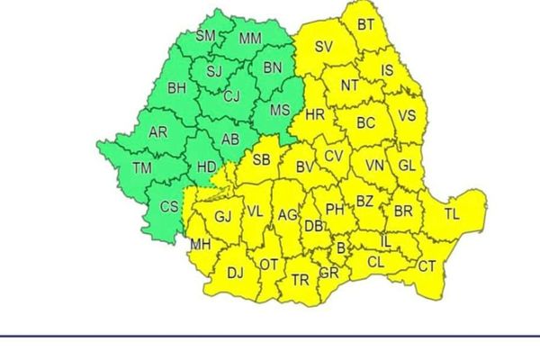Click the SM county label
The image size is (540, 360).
coord(206,36)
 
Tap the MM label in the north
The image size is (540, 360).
coord(250,39)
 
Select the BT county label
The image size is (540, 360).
coord(365,24)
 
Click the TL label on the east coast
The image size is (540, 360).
coord(451,214)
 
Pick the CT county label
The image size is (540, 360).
coord(427,266)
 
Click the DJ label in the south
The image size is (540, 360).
coord(235,272)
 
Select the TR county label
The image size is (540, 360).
coord(300,280)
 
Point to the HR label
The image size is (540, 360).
coord(315,114)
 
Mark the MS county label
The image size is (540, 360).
coord(280,110)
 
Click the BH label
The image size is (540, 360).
coord(176,87)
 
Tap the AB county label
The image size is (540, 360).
coord(229,139)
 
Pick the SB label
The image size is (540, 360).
coord(261,160)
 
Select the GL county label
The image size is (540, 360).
coord(407,166)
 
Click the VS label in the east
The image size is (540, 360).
coord(408,115)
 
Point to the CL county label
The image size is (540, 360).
coord(377,262)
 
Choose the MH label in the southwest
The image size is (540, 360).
coord(201,244)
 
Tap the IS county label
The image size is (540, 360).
coord(387,68)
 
